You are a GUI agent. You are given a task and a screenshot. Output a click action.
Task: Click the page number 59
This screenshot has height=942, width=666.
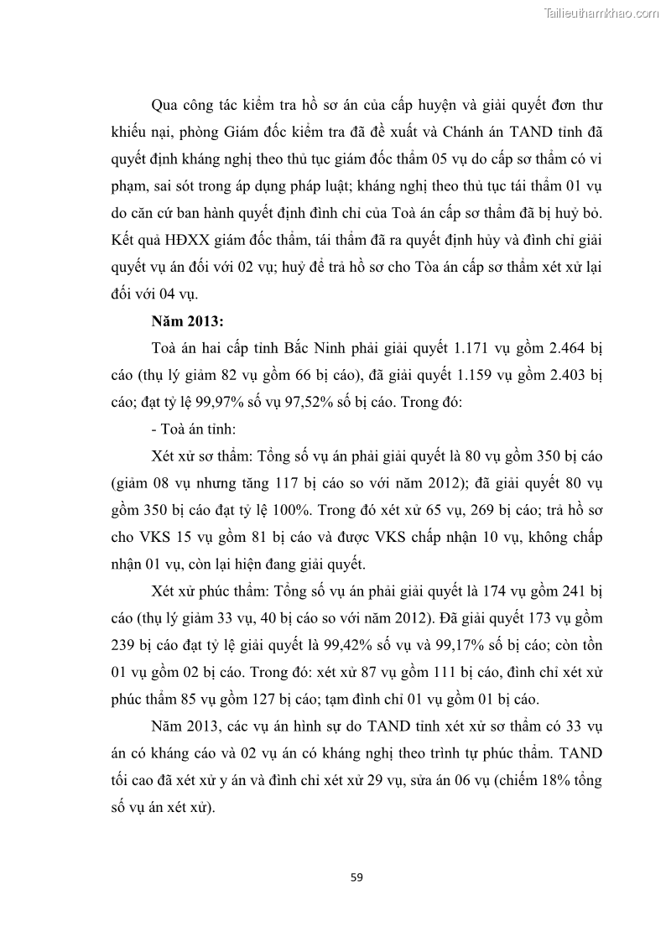click(x=356, y=877)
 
